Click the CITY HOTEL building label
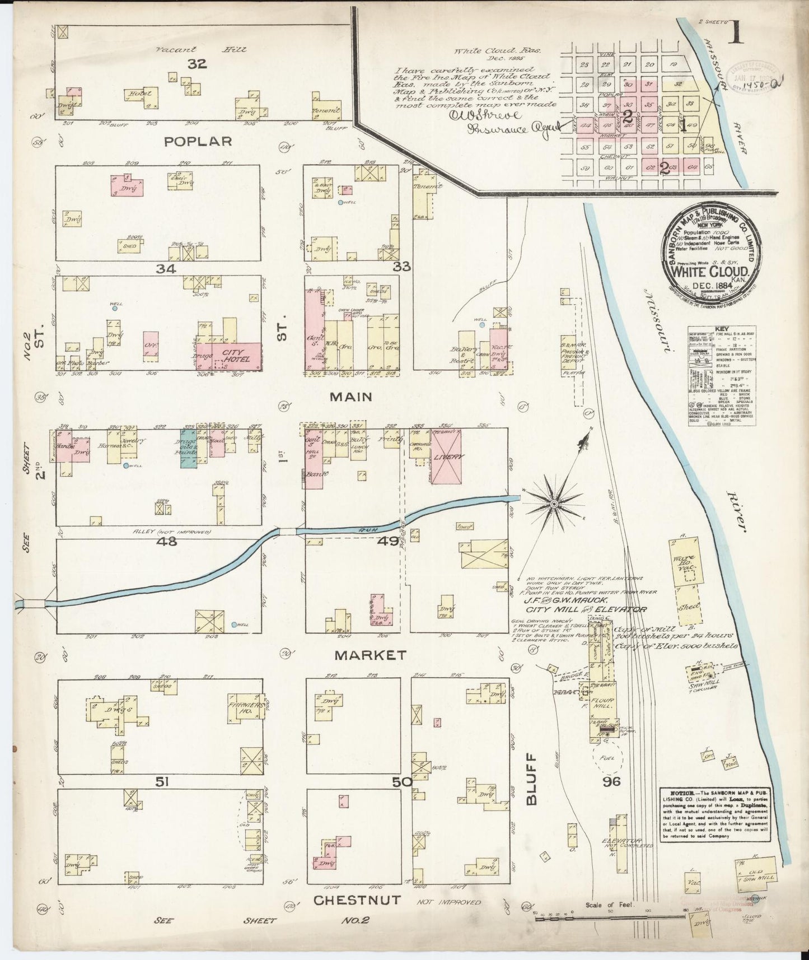(236, 355)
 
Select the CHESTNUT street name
(357, 900)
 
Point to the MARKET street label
(370, 654)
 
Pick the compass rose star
(554, 505)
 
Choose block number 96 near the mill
(611, 781)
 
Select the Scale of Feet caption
(608, 905)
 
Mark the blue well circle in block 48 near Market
(234, 625)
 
